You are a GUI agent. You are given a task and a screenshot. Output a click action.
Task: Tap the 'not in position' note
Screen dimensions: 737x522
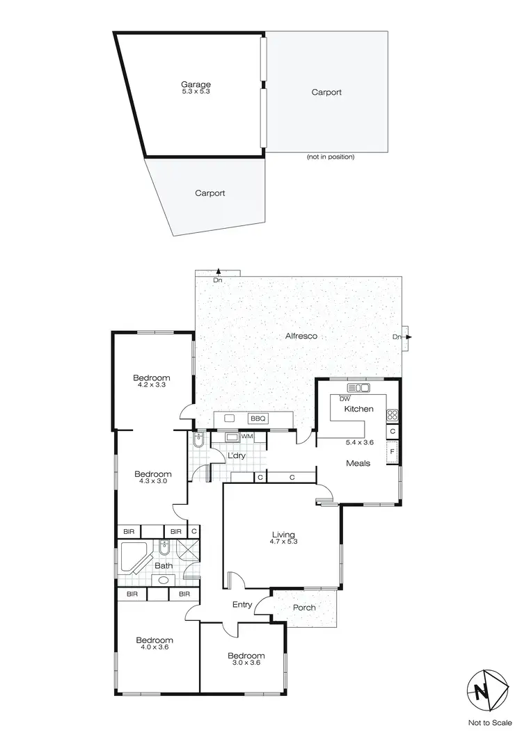(331, 157)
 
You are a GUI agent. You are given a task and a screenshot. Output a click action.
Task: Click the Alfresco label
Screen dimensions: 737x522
(301, 336)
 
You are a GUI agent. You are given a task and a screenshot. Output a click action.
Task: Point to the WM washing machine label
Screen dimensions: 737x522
(246, 437)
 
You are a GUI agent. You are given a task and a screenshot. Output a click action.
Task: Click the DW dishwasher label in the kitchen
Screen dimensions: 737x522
(345, 399)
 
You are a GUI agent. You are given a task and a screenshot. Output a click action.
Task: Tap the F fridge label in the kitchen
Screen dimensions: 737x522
(393, 453)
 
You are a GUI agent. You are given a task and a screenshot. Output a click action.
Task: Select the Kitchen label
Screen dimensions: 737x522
(359, 409)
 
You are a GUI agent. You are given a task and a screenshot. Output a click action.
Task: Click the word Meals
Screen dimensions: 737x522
(358, 463)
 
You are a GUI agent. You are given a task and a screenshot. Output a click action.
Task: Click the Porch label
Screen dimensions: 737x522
(304, 608)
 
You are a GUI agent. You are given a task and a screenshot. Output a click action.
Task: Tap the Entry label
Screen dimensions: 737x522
(242, 604)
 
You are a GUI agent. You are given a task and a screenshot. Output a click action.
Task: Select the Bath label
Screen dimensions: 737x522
(164, 566)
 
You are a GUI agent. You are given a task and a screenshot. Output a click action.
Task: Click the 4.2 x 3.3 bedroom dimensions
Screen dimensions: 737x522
(152, 385)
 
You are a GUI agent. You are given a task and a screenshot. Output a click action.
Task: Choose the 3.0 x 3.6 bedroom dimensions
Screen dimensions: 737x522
(246, 663)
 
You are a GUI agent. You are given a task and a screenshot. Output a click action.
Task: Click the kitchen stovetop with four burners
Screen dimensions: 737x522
(393, 416)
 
